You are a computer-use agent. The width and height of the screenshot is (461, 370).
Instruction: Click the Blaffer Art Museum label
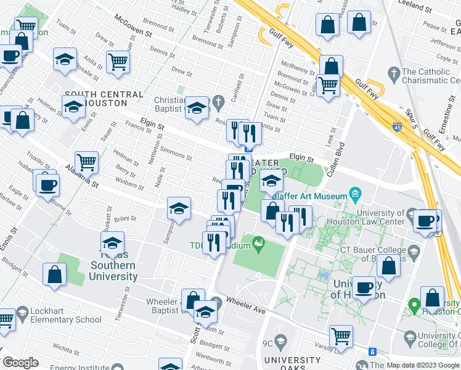[x=310, y=196]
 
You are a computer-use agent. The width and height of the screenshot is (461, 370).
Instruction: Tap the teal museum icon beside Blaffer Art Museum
[x=355, y=195]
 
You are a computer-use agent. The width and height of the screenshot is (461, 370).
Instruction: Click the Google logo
[x=20, y=363]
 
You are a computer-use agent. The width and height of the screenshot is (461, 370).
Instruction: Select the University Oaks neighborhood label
[x=292, y=364]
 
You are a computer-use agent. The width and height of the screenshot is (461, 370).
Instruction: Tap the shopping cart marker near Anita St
[x=118, y=61]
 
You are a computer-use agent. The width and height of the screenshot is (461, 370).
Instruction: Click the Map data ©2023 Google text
[x=423, y=365]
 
